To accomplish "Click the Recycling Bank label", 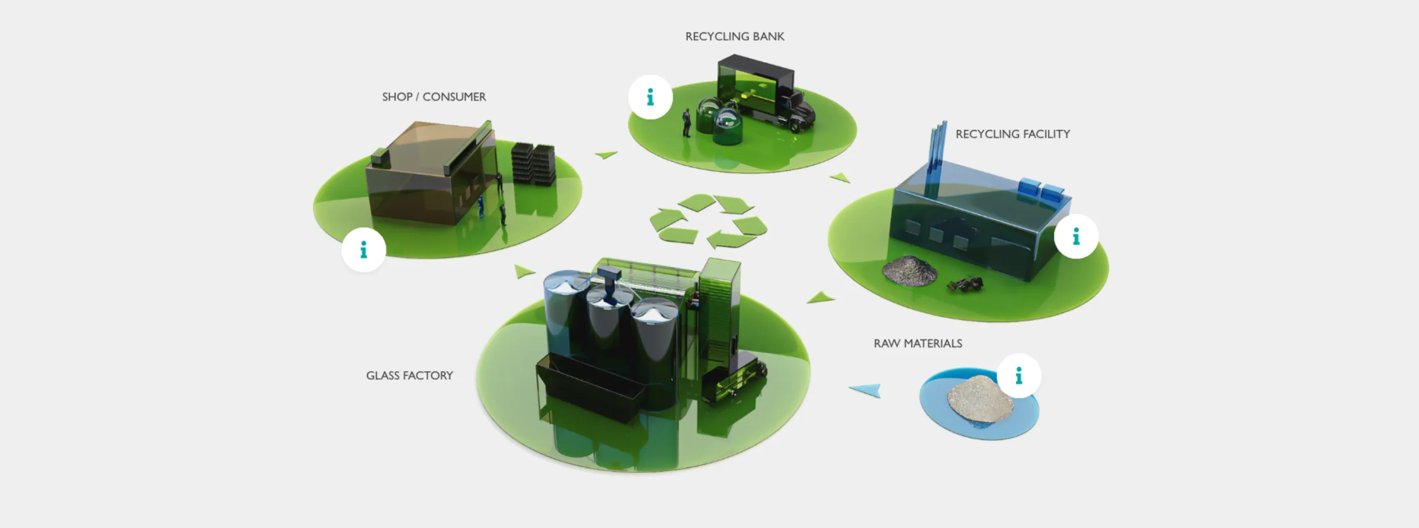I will point(734,37).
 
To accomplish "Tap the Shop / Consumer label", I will point(433,97).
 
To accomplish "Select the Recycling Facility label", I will point(1012,134).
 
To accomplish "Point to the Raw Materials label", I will point(917,344).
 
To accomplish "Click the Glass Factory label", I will point(409,376).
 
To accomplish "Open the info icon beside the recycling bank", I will point(650,98).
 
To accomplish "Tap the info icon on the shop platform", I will point(364,250).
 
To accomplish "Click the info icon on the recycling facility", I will point(1076,237).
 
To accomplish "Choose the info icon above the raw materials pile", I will point(1019,376).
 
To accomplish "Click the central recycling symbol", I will point(708,221).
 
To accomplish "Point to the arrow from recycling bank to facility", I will point(840,178).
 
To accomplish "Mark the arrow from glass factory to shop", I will point(523,272).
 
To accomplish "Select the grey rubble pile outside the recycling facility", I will point(909,271).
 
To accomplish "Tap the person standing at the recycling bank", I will point(687,123).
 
